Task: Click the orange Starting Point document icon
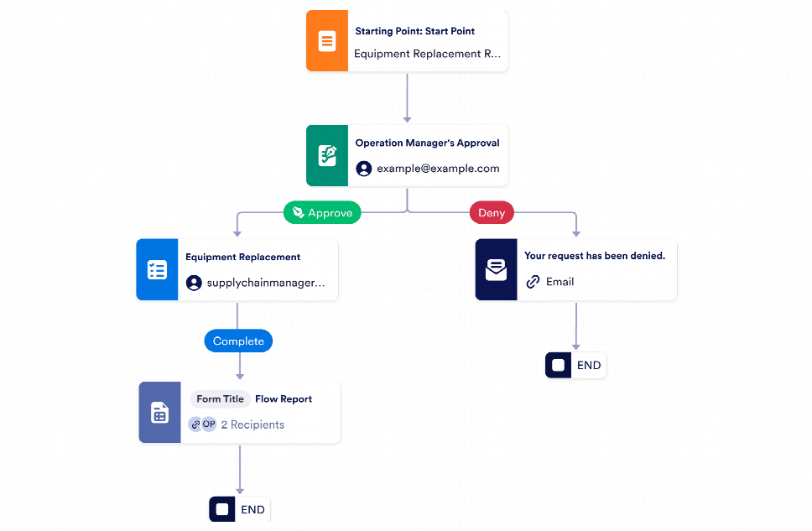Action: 327,41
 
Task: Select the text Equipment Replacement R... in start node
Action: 427,54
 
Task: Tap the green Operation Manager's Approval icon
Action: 327,155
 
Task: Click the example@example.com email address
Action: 438,169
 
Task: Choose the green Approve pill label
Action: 322,213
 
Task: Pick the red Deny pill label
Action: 492,213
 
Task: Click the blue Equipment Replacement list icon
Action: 157,269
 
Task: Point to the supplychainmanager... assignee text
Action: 266,283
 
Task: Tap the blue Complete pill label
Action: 238,341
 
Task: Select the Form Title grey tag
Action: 220,399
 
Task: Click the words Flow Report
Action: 284,399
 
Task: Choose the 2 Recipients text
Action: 252,424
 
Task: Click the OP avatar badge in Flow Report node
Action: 209,424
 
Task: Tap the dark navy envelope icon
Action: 496,269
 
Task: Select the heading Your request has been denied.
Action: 594,256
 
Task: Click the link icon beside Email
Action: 533,282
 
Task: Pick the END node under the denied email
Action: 575,366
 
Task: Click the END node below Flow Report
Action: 240,509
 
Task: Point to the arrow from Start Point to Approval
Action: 407,99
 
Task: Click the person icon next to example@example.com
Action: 364,169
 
